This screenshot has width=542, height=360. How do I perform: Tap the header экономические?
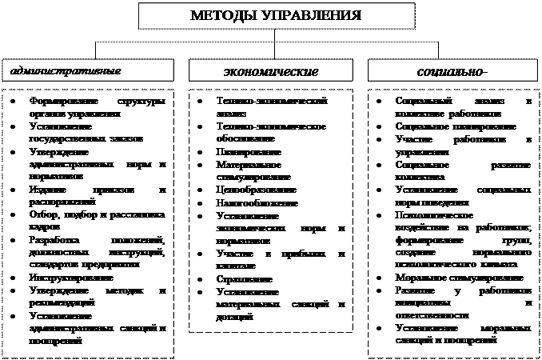(x=270, y=71)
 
